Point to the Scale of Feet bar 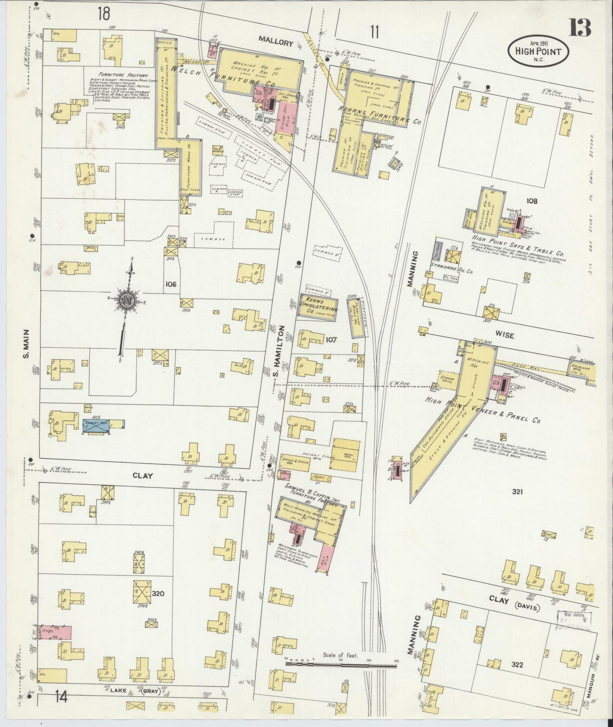pyautogui.click(x=344, y=663)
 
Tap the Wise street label pyautogui.click(x=504, y=336)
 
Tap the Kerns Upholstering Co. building pyautogui.click(x=318, y=305)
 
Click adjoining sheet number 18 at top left pyautogui.click(x=103, y=14)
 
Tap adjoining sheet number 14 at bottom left pyautogui.click(x=62, y=708)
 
